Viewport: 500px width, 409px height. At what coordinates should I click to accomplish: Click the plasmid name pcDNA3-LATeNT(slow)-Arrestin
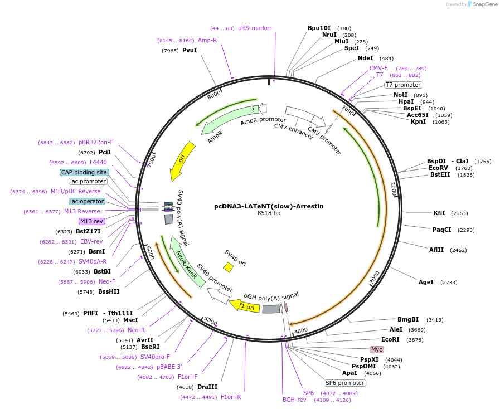coord(269,206)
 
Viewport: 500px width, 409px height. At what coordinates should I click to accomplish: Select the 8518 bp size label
coord(269,213)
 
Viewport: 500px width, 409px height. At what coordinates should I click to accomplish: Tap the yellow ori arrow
coord(182,160)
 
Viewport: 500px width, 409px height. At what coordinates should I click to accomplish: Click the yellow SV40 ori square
coord(228,267)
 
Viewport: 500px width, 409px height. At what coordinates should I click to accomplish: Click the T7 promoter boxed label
coord(404,85)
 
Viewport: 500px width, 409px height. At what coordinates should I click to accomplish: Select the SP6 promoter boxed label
coord(345,383)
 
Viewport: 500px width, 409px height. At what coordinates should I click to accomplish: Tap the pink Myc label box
coord(377,349)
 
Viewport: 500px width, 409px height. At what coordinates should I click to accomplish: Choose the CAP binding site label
coord(84,172)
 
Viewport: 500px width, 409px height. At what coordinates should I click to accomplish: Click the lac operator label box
coord(86,201)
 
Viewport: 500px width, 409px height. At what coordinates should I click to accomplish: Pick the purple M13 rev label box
coord(91,221)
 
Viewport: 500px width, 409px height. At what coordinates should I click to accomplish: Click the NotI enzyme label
coord(400,95)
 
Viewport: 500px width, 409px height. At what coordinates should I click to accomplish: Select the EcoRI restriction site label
coord(390,339)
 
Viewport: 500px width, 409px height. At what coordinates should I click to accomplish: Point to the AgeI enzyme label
coord(426,282)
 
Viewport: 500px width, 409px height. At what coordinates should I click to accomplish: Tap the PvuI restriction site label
coord(190,50)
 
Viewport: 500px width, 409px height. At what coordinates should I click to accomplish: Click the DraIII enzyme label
coord(207,386)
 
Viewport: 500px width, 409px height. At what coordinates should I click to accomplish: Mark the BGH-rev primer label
coord(294,400)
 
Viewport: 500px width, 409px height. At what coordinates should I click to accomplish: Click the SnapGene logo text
coord(484,4)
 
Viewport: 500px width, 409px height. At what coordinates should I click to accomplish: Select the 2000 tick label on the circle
coord(393,188)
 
